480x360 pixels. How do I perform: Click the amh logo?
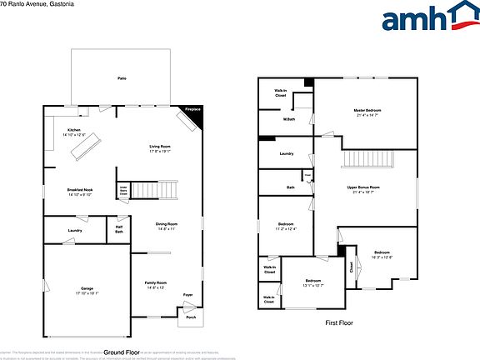[x=425, y=18]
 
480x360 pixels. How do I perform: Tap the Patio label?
[x=122, y=77]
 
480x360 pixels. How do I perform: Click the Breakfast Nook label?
[x=80, y=192]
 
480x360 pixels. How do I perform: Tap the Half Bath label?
[x=119, y=229]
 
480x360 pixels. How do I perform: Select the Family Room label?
[x=156, y=284]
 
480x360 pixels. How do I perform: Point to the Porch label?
[x=191, y=317]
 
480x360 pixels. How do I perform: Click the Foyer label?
[x=188, y=295]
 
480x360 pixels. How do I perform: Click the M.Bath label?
[x=289, y=119]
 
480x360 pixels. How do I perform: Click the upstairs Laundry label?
[x=286, y=153]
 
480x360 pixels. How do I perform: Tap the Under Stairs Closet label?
[x=122, y=191]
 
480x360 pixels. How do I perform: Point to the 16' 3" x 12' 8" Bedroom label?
[x=382, y=255]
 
